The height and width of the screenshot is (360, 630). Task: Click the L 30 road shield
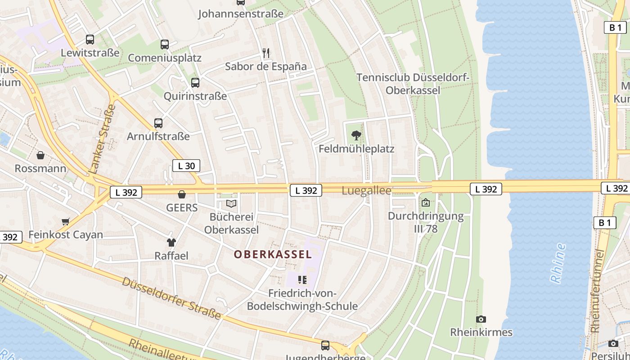click(x=186, y=166)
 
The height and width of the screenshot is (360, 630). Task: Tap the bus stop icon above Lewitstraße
click(x=90, y=40)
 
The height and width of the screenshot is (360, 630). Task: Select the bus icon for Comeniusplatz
click(x=165, y=45)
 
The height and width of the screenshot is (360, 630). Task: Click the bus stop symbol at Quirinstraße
click(x=195, y=83)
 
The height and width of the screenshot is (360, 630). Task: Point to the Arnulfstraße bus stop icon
click(x=158, y=123)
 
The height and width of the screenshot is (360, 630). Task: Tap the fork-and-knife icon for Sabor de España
click(x=266, y=54)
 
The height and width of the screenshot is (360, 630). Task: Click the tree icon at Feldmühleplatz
click(x=356, y=135)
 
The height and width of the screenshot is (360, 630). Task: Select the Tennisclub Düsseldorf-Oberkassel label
click(x=413, y=84)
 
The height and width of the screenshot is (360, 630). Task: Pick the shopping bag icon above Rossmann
click(x=40, y=156)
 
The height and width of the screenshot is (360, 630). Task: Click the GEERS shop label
click(x=182, y=207)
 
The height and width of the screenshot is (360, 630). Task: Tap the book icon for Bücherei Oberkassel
click(x=231, y=204)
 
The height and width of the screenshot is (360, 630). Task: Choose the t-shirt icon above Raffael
click(x=171, y=243)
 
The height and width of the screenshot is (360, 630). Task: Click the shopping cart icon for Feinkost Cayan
click(x=66, y=221)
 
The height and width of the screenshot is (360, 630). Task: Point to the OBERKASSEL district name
click(x=273, y=254)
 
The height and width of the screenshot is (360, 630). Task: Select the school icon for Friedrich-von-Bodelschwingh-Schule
click(x=302, y=280)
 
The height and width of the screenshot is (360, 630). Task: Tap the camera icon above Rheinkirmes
click(x=481, y=319)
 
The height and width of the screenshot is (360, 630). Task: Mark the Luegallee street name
click(x=366, y=190)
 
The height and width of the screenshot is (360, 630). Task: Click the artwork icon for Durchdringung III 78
click(x=426, y=203)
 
